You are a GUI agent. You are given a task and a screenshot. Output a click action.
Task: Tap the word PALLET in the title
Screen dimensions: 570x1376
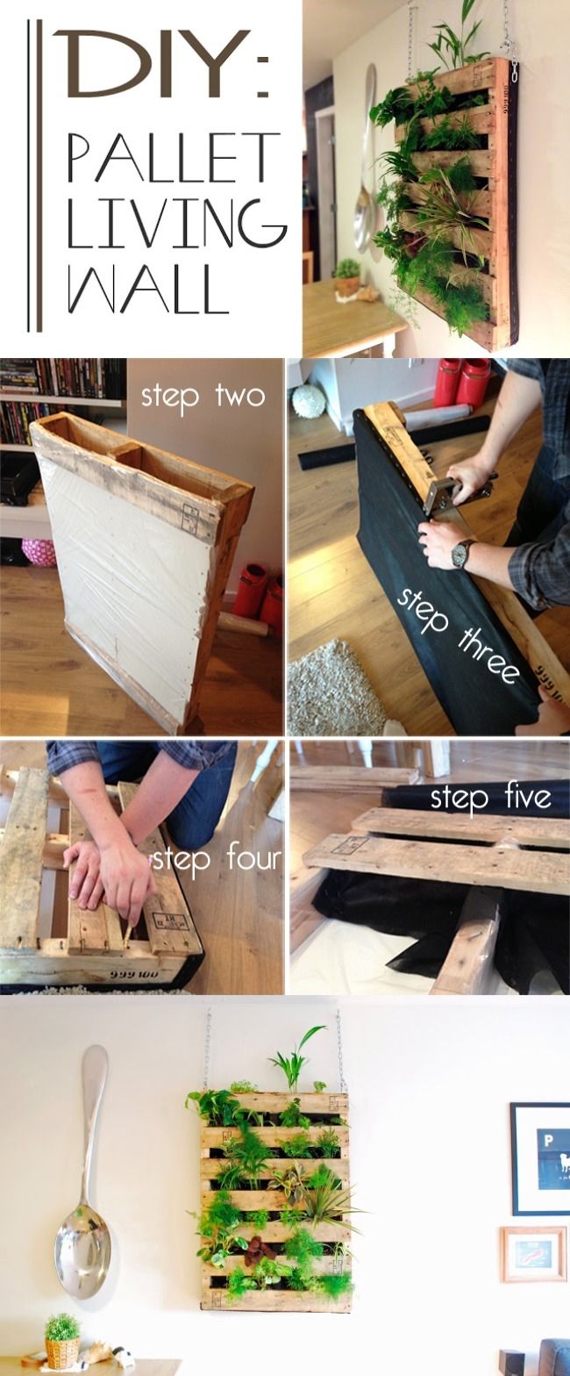click(170, 156)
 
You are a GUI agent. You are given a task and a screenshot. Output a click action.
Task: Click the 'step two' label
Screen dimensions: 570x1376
click(203, 397)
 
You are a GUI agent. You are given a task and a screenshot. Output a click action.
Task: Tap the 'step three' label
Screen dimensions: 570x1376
click(459, 634)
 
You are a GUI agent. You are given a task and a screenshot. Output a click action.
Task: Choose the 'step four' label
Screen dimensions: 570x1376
click(217, 859)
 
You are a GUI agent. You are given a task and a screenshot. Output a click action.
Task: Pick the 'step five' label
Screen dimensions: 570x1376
click(490, 798)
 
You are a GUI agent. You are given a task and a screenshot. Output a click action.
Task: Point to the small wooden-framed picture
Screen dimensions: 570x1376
click(533, 1254)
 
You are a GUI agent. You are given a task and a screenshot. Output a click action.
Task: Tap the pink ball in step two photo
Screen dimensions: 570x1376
click(38, 551)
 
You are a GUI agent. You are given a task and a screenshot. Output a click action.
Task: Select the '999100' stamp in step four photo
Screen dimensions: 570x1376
click(134, 974)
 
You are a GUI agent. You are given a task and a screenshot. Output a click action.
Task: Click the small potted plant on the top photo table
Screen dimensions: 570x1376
click(348, 276)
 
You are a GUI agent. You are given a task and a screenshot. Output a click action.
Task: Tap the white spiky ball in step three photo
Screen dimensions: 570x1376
click(305, 401)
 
